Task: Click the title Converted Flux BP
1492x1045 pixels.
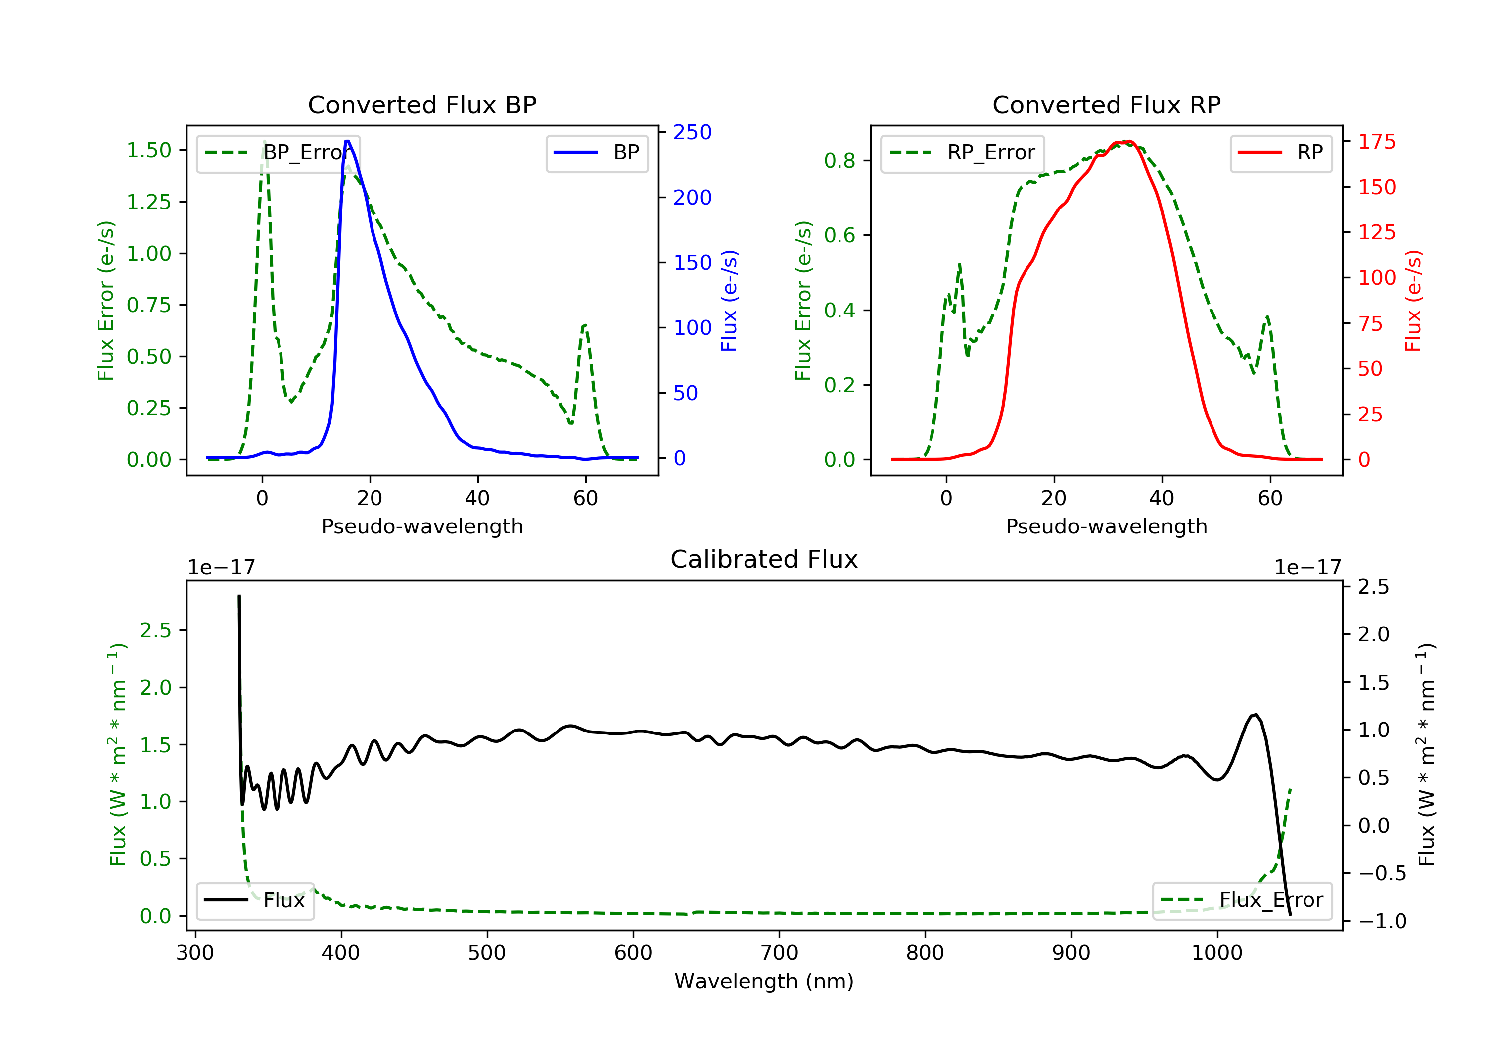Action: point(422,104)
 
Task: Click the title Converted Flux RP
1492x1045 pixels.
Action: point(1107,104)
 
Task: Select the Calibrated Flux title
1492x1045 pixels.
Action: point(764,559)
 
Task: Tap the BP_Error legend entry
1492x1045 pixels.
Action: point(278,153)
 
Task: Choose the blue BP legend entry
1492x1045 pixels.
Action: point(596,153)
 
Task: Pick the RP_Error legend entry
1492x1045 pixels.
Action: point(962,153)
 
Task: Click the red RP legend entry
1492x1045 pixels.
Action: point(1281,153)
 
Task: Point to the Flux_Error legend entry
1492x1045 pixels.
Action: point(1242,900)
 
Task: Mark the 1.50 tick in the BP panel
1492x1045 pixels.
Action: point(149,150)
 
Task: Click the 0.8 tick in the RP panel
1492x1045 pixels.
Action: point(839,161)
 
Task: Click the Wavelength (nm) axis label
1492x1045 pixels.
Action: point(764,981)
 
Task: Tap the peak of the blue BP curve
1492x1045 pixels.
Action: point(347,141)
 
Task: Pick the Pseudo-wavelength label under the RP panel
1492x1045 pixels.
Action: point(1107,526)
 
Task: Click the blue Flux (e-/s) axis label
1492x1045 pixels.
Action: point(729,301)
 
